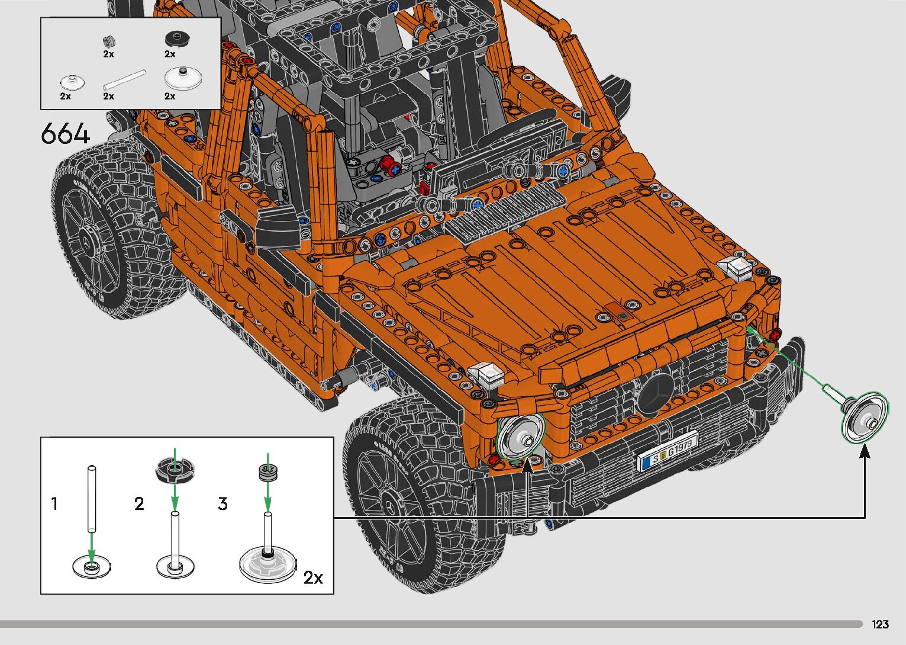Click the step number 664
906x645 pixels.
click(x=65, y=133)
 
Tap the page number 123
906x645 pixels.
click(x=880, y=624)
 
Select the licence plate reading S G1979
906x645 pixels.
click(x=668, y=451)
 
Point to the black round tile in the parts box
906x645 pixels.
click(x=178, y=39)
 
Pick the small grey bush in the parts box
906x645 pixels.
click(x=108, y=41)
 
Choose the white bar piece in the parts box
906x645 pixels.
click(x=124, y=80)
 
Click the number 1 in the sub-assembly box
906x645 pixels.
click(x=54, y=503)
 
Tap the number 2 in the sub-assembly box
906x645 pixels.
click(x=139, y=503)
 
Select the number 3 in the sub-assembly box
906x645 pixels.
click(x=223, y=503)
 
